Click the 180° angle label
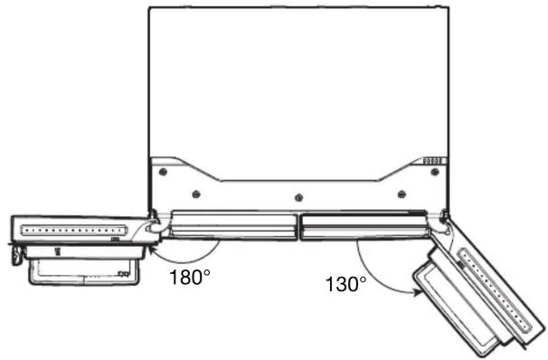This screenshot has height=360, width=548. click(x=189, y=277)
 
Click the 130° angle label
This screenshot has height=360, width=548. click(x=346, y=284)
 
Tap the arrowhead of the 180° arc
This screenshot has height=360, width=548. click(x=152, y=249)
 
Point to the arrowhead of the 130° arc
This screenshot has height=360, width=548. click(x=417, y=292)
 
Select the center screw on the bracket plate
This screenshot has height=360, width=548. click(x=298, y=198)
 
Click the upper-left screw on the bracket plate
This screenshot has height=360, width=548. click(x=163, y=172)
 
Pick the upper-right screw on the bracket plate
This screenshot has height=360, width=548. click(x=435, y=172)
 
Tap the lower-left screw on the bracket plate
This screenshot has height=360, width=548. click(x=196, y=194)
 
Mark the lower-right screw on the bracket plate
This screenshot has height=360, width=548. click(x=402, y=194)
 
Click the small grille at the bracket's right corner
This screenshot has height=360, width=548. click(x=434, y=161)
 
